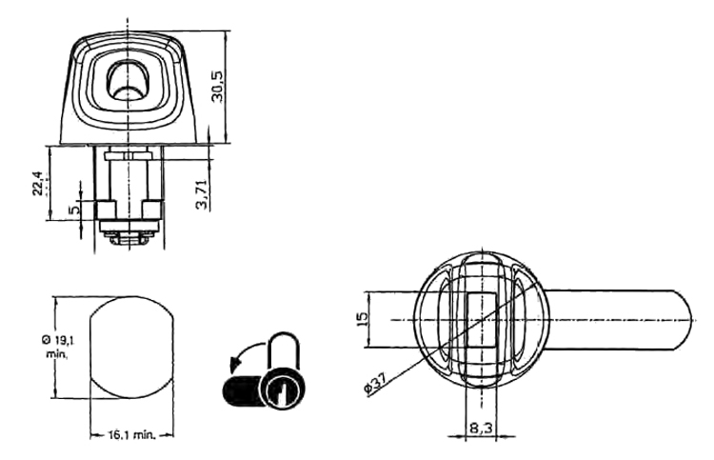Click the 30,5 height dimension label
[x=218, y=86]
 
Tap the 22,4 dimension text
[x=38, y=183]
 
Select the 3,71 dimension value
[x=201, y=194]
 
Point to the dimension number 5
[x=74, y=210]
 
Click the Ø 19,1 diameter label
[x=57, y=340]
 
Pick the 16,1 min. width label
[x=132, y=435]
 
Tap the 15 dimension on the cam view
[x=362, y=319]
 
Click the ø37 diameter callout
[x=375, y=383]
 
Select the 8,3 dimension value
[x=481, y=428]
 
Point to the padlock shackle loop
[x=285, y=350]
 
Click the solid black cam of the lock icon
[x=243, y=390]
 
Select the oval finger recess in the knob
[x=128, y=80]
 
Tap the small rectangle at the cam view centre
[x=483, y=320]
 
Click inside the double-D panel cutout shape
[x=131, y=348]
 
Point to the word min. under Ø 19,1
[x=56, y=353]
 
